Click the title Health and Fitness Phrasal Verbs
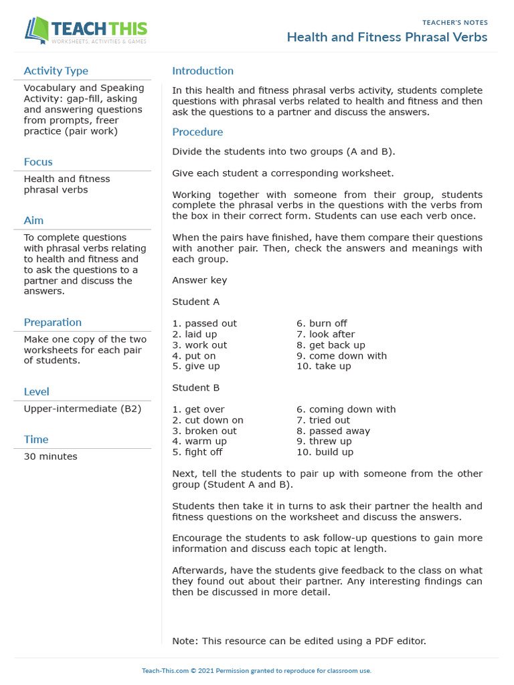point(387,37)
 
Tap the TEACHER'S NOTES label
point(455,23)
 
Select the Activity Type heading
point(56,71)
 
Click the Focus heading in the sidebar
point(38,162)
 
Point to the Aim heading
point(33,220)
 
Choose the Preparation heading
point(53,322)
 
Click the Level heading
point(36,392)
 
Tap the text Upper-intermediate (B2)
point(82,409)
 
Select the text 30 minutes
point(50,457)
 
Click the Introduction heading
point(203,71)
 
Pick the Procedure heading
point(197,132)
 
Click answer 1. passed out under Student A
point(204,324)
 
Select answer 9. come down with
point(341,356)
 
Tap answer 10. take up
point(323,367)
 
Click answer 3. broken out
point(204,431)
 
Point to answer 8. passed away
point(333,431)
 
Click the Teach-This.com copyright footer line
point(256,671)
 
